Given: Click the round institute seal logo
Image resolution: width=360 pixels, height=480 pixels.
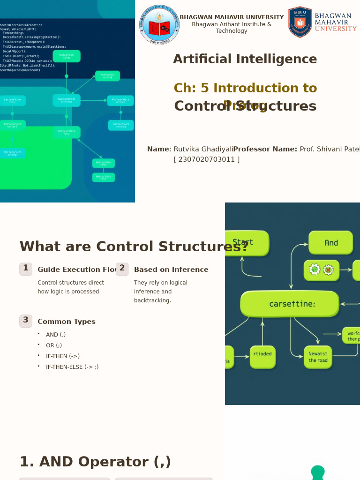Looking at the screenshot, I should (159, 24).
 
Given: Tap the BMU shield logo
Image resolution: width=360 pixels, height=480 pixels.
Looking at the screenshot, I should (300, 22).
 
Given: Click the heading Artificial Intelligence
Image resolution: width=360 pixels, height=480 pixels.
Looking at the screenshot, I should (245, 60).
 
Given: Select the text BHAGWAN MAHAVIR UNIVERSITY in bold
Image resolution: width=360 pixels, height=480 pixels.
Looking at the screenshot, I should (232, 17).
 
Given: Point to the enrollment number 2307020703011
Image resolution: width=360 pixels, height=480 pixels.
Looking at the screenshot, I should (206, 159).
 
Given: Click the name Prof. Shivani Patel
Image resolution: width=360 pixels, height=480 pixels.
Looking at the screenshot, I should (330, 150).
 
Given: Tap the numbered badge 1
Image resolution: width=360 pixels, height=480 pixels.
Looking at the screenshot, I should (26, 269).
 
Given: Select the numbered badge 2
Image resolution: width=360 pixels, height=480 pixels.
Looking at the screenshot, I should (122, 269).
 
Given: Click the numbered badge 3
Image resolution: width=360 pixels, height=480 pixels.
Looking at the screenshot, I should (26, 321).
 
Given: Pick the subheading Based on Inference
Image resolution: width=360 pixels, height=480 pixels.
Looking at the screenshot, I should (171, 270).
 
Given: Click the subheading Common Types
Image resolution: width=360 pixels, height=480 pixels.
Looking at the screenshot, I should (66, 322).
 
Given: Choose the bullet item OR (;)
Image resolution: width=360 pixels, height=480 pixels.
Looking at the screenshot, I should (54, 345).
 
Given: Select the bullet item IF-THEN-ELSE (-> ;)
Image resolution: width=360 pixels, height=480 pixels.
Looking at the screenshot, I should (72, 367).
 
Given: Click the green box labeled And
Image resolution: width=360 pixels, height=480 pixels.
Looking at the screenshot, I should (330, 243).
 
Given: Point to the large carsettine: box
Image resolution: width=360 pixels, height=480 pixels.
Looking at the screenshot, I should (290, 304).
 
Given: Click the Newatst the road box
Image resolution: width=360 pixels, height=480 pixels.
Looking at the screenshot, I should (318, 357).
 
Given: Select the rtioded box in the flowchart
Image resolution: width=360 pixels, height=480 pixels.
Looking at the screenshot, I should (262, 357).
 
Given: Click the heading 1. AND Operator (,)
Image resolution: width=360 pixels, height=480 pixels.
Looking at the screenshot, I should (95, 462).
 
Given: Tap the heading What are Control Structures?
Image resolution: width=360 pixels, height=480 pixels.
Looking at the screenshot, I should (134, 247).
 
